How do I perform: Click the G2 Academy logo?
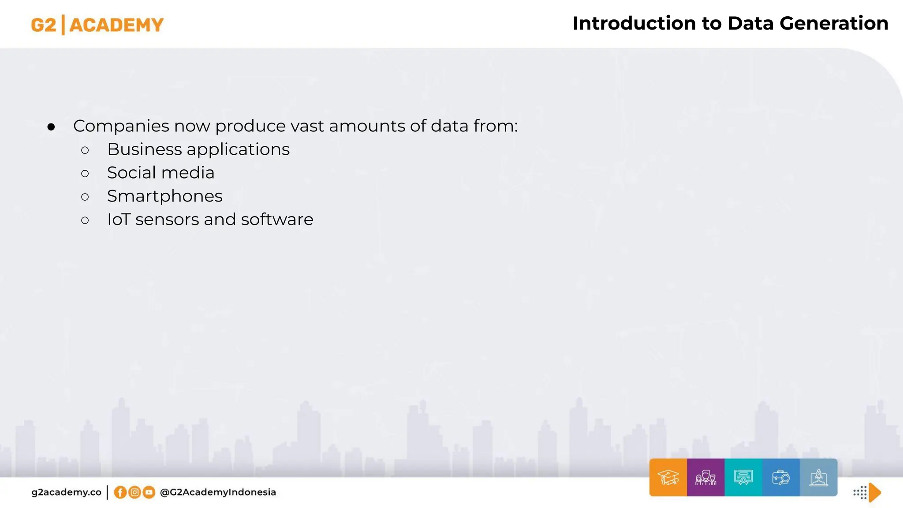(x=97, y=25)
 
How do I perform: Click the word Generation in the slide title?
(x=834, y=23)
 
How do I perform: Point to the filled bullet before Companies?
(x=51, y=127)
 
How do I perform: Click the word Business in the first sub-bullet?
(x=144, y=149)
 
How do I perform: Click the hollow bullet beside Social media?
(x=85, y=173)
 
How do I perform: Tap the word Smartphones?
(x=164, y=196)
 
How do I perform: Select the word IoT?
(x=118, y=219)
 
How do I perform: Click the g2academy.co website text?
(x=66, y=492)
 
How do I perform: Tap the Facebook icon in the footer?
(x=120, y=492)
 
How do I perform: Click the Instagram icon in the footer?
(x=134, y=492)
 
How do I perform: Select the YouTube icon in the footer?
(x=149, y=492)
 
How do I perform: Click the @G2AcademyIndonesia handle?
(x=218, y=492)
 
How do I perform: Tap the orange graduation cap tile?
(x=668, y=478)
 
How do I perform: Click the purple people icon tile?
(x=705, y=478)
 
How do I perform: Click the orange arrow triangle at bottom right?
(x=875, y=493)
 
